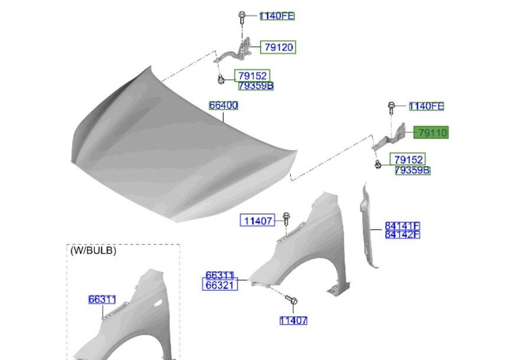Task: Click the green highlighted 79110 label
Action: click(x=431, y=133)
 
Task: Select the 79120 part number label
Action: click(x=278, y=47)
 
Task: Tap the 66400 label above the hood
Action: click(x=223, y=105)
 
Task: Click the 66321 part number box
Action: click(x=220, y=285)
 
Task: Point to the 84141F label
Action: click(x=402, y=226)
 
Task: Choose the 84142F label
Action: click(x=402, y=235)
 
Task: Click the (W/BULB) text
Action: click(x=93, y=251)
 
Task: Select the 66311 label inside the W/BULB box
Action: click(x=102, y=299)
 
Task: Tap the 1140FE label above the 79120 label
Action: click(x=277, y=16)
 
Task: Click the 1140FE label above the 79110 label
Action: click(x=427, y=106)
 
